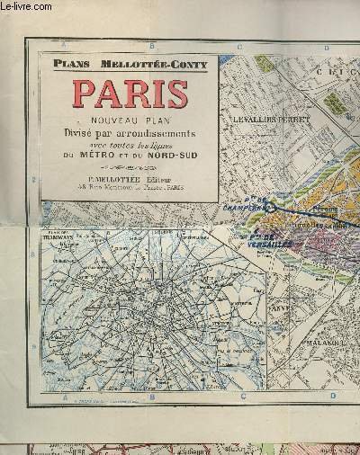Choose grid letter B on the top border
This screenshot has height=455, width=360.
(151, 45)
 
